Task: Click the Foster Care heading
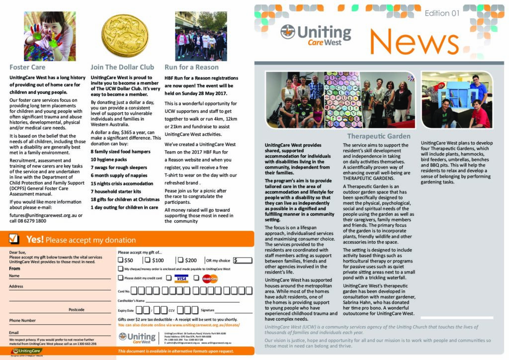(27, 67)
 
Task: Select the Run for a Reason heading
(191, 67)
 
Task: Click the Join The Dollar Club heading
(122, 67)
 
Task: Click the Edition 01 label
(442, 13)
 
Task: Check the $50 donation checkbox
(121, 260)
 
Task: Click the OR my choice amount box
(242, 260)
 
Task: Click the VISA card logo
(181, 278)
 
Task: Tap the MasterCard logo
(210, 278)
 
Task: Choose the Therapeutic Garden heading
(379, 136)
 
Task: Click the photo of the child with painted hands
(50, 36)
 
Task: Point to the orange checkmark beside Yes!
(14, 240)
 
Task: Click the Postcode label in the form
(76, 309)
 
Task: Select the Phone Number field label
(22, 321)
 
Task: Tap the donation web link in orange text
(179, 325)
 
